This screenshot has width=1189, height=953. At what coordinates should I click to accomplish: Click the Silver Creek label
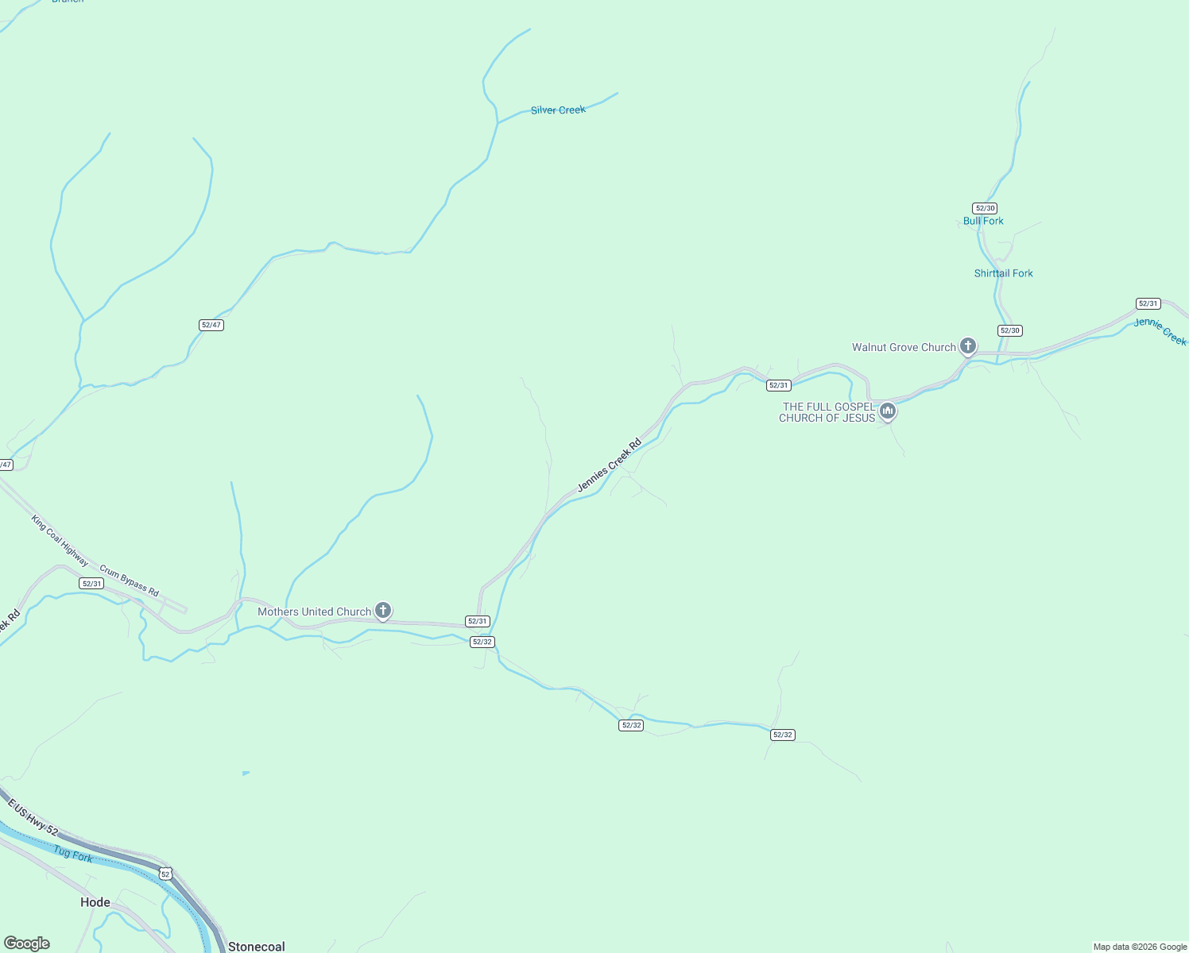click(558, 110)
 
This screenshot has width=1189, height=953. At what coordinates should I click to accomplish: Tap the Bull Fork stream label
click(983, 221)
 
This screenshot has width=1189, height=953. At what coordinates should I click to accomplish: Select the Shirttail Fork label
click(1003, 273)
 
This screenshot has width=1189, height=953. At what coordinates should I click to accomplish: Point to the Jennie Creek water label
click(1160, 331)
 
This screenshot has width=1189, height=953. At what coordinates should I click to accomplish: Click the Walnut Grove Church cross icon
click(967, 345)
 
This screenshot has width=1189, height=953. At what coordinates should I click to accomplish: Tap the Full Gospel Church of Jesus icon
click(888, 411)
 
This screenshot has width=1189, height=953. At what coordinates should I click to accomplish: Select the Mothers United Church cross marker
click(383, 610)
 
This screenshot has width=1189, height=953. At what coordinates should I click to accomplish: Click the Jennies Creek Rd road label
click(609, 465)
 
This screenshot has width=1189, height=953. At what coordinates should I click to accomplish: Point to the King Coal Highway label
click(58, 540)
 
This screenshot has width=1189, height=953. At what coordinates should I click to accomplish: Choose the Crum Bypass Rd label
click(129, 581)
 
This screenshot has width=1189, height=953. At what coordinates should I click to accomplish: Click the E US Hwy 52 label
click(33, 817)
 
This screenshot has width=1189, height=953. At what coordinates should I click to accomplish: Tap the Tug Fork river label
click(73, 854)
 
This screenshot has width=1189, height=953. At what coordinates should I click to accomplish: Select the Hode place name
click(95, 902)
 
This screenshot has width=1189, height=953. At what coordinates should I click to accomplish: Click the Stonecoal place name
click(256, 947)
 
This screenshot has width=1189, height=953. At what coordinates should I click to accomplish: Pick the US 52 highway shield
click(165, 874)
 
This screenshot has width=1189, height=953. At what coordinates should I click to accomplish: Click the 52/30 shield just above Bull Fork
click(985, 208)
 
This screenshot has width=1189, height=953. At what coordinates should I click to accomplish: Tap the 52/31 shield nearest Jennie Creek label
click(1148, 303)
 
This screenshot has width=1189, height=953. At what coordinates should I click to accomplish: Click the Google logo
click(27, 943)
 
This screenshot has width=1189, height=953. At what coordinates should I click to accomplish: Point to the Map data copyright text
click(1140, 947)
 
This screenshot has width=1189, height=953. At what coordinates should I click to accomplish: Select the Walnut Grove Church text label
click(904, 347)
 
